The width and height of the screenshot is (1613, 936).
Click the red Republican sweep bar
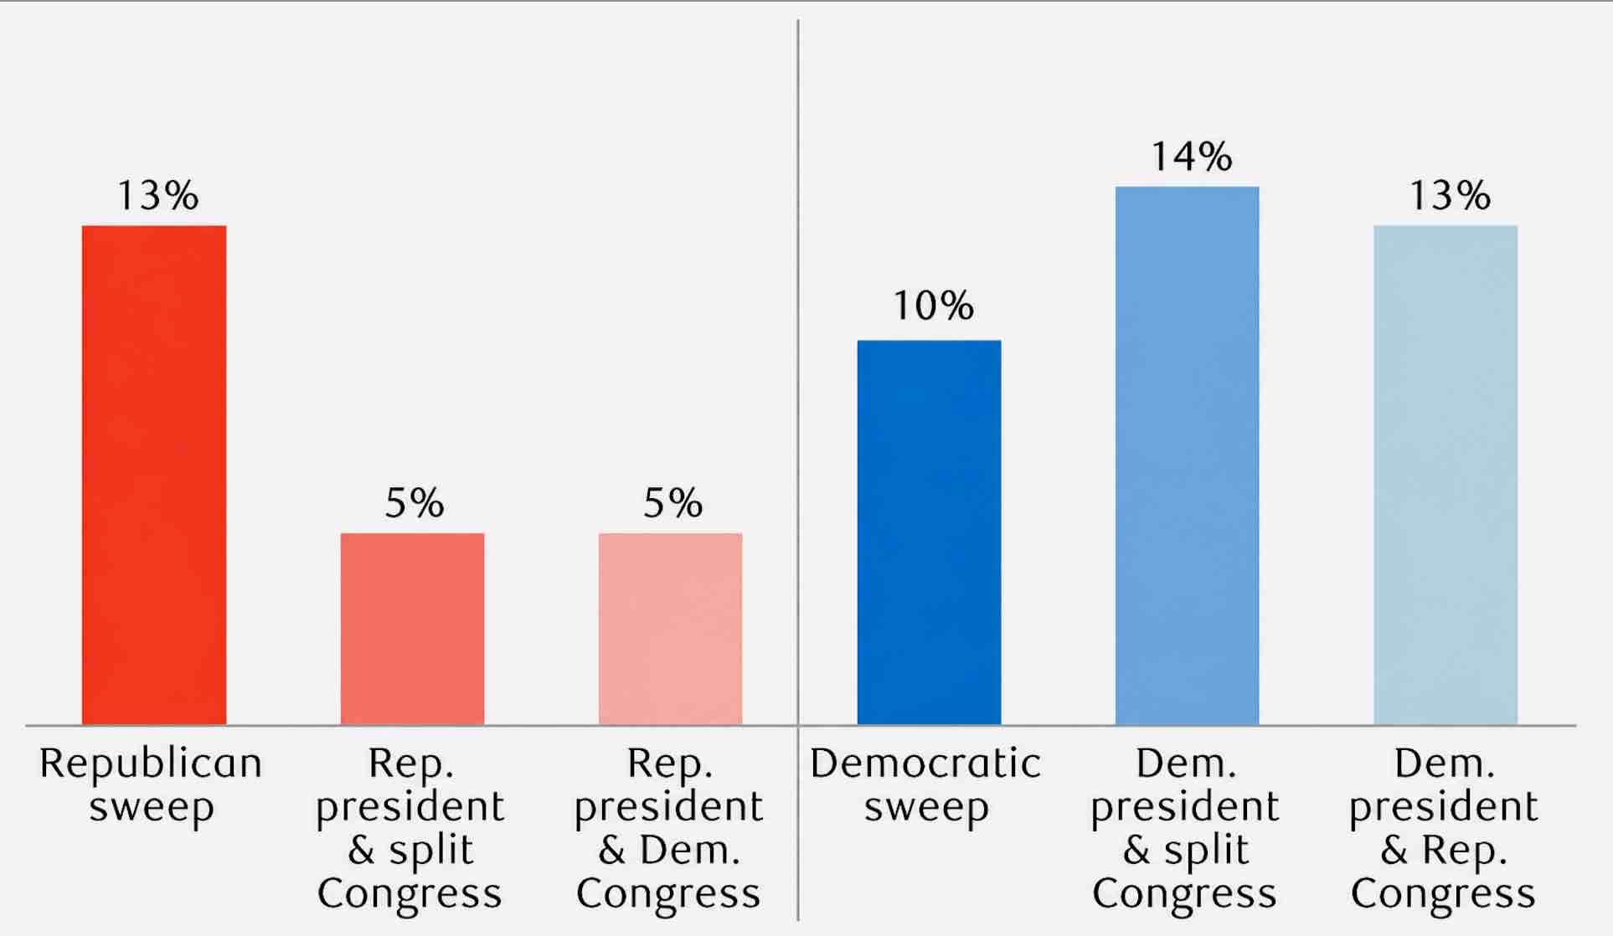[154, 475]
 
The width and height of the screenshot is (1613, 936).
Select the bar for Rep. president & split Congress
[412, 629]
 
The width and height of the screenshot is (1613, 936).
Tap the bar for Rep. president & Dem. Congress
[670, 629]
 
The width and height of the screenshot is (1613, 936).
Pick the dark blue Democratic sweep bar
[929, 532]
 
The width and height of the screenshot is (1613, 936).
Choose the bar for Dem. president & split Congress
[1187, 455]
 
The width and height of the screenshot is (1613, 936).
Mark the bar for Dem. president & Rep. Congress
[1446, 475]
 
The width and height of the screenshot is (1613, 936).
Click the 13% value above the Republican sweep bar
[157, 195]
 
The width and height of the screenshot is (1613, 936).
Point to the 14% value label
[1191, 157]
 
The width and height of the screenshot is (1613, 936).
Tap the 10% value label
[933, 306]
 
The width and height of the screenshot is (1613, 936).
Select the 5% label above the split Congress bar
[415, 503]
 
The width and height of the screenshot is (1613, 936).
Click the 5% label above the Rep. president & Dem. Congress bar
[673, 503]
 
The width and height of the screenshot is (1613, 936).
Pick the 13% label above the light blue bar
[1450, 195]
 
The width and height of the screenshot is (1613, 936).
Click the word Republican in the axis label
[151, 764]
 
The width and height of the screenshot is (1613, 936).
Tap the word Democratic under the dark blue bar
[925, 764]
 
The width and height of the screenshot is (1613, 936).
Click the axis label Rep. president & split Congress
[410, 828]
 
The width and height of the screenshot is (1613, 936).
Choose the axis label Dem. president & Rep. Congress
[1443, 828]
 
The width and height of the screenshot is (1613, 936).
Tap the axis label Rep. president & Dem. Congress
[668, 828]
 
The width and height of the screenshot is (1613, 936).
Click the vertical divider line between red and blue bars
[798, 470]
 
